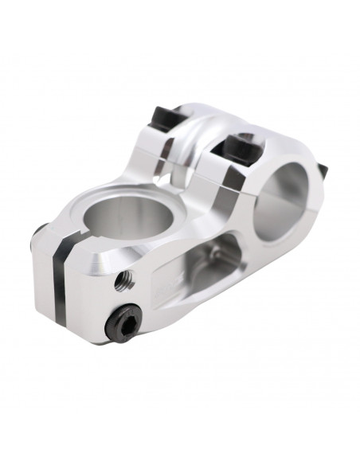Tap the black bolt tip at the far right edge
[326, 170]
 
